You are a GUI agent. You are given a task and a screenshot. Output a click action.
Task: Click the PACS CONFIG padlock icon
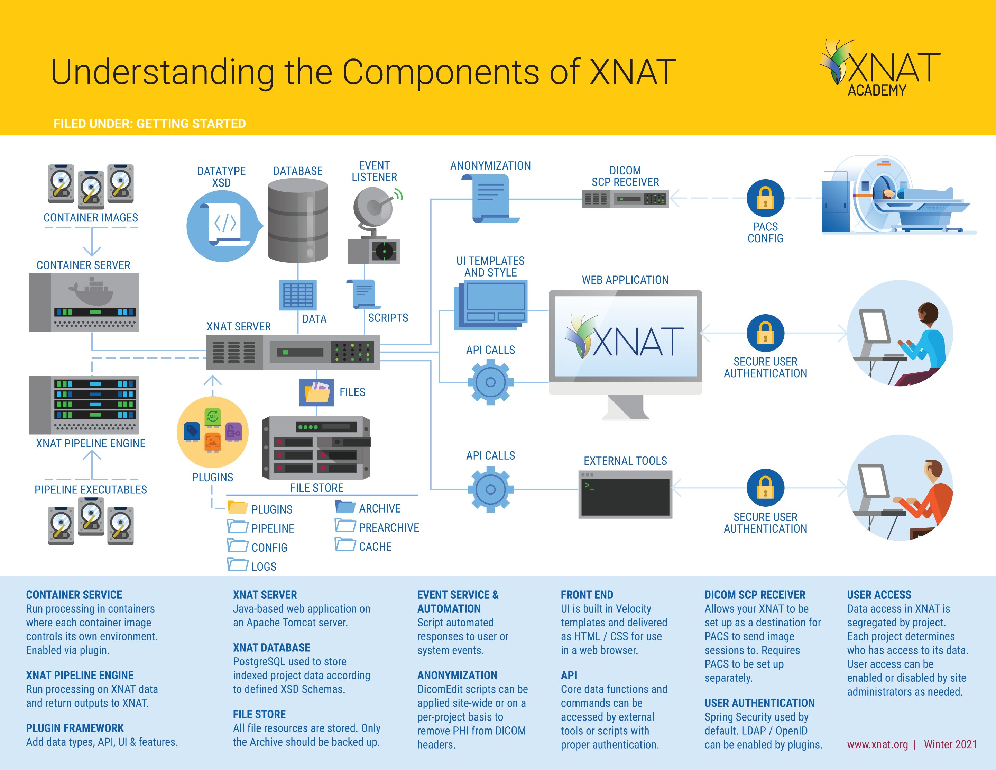(x=765, y=198)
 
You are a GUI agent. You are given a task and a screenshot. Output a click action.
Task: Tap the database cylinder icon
(x=298, y=220)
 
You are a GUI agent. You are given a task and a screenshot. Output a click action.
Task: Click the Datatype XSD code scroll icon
(x=223, y=226)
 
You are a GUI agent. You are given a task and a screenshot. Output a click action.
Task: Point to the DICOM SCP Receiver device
(x=625, y=199)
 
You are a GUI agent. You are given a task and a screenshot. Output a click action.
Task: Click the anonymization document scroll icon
(x=491, y=199)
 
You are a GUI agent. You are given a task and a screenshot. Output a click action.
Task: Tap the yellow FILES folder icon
(x=317, y=392)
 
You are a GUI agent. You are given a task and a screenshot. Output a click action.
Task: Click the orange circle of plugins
(x=213, y=432)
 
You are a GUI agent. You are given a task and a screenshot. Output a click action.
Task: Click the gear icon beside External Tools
(x=490, y=489)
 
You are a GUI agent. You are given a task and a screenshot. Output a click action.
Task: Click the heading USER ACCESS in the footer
(x=879, y=595)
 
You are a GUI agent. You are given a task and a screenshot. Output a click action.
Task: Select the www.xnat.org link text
(x=877, y=744)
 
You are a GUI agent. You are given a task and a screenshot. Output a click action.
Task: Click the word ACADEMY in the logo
(x=877, y=90)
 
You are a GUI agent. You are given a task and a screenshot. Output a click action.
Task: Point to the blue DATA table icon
(x=298, y=295)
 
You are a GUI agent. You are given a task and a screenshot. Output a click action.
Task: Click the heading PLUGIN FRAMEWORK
(x=75, y=728)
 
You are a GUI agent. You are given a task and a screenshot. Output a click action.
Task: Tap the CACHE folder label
(x=375, y=546)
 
